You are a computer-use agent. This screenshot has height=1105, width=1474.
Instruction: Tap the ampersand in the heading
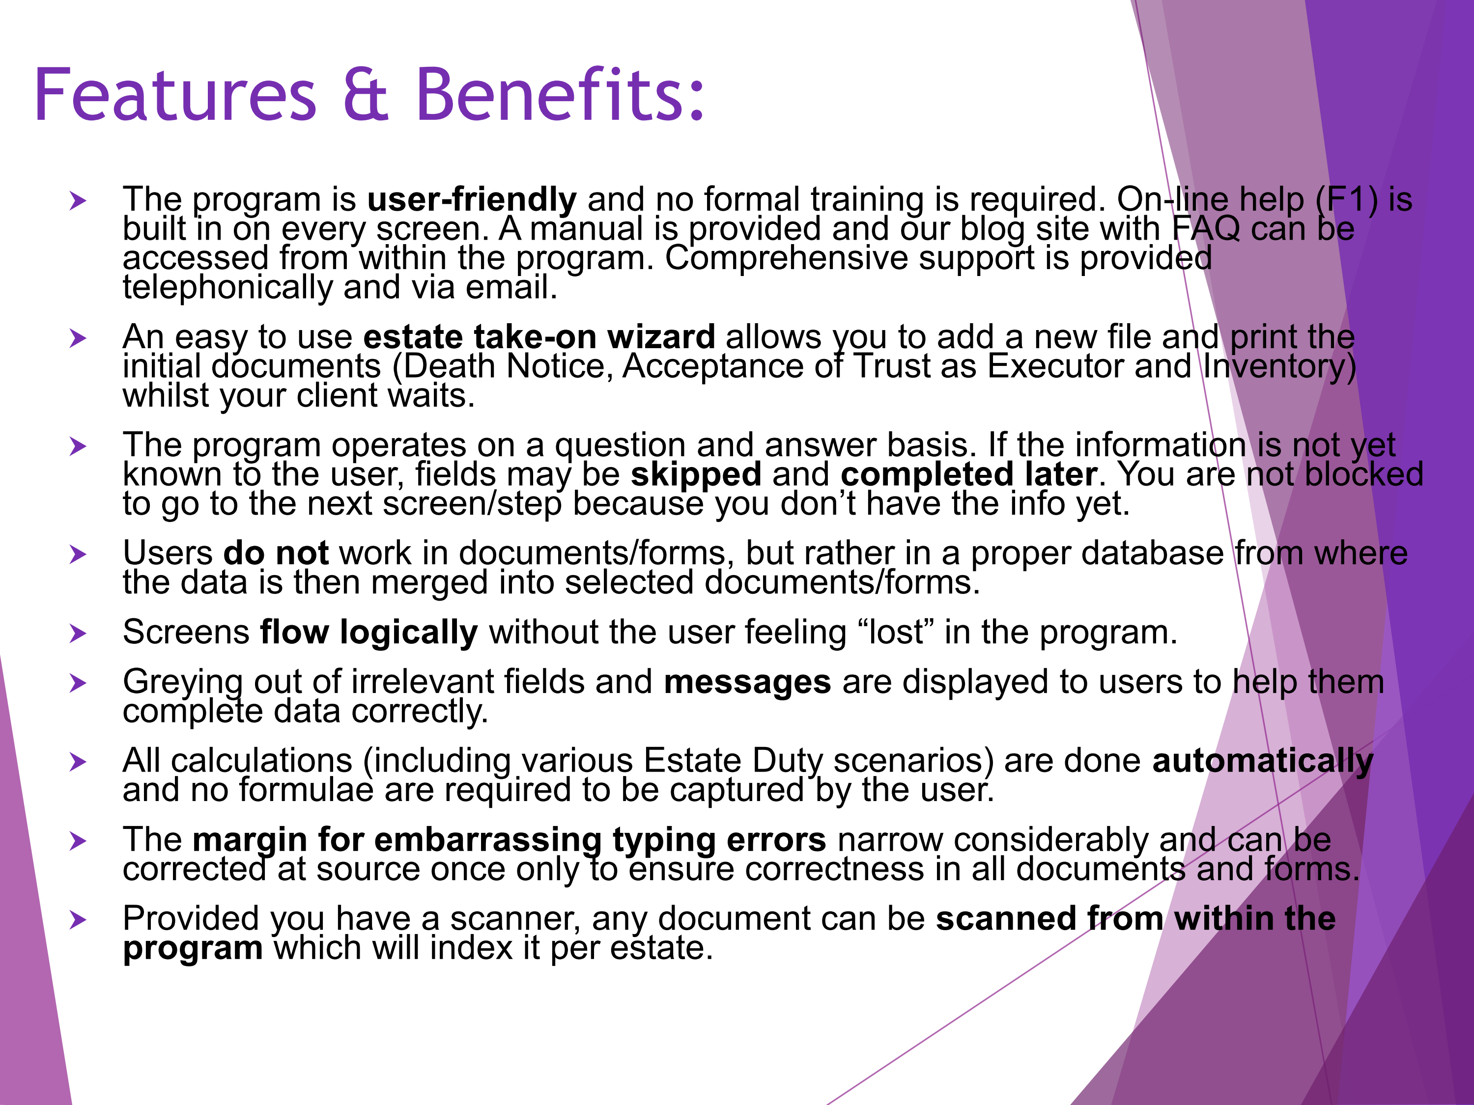pos(365,95)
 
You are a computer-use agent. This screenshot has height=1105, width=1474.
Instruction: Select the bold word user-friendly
pos(472,199)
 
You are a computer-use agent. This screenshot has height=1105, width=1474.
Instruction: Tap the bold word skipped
pos(696,475)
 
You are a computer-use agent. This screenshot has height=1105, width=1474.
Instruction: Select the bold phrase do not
pos(276,553)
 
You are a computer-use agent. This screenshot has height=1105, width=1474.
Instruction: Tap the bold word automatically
pos(1263,761)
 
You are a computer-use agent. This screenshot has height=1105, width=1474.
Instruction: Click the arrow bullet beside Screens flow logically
pos(79,634)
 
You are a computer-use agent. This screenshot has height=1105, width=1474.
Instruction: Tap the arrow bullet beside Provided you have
pos(79,920)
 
